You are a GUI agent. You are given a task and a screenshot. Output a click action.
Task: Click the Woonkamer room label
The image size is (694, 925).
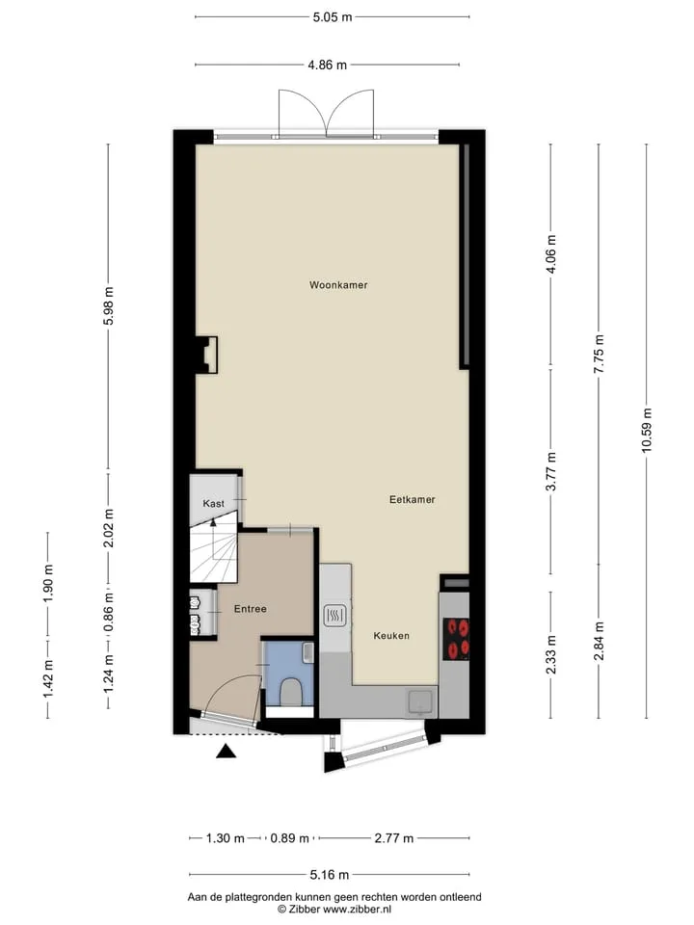tap(338, 285)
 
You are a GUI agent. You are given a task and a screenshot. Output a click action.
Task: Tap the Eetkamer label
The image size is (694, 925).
tap(412, 499)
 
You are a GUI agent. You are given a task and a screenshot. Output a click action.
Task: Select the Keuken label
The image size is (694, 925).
tap(391, 635)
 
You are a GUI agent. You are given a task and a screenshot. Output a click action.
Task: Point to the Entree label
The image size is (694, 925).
tap(251, 608)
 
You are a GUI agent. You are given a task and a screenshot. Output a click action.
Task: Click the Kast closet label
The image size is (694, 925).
tap(213, 503)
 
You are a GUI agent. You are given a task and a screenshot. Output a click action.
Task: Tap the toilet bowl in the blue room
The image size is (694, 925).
tap(289, 691)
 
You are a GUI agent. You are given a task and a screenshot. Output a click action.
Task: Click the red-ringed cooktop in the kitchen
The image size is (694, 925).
tap(456, 639)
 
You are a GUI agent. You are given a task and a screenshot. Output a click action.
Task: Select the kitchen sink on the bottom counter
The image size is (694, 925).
tap(421, 702)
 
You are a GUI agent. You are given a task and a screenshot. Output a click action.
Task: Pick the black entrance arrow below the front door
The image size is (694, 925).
tap(226, 751)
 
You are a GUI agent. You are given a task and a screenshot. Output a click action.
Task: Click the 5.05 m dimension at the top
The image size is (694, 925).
tap(333, 17)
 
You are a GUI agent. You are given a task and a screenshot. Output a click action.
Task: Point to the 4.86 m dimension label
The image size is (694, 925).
tap(328, 65)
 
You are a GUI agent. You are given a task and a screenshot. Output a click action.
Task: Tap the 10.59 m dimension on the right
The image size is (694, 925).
tap(646, 431)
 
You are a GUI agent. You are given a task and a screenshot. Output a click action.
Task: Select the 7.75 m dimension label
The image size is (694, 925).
tap(599, 354)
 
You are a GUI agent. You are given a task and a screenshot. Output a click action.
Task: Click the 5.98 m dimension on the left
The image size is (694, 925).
tap(108, 305)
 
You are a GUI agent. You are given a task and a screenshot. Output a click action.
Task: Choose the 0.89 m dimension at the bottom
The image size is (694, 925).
tap(289, 837)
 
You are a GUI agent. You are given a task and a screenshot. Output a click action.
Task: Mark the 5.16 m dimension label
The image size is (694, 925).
tap(329, 874)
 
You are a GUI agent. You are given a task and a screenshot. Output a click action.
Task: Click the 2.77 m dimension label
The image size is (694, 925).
tap(393, 837)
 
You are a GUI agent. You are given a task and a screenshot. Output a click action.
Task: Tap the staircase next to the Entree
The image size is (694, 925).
tap(214, 551)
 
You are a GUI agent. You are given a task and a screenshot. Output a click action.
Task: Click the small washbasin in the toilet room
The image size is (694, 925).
tap(307, 653)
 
